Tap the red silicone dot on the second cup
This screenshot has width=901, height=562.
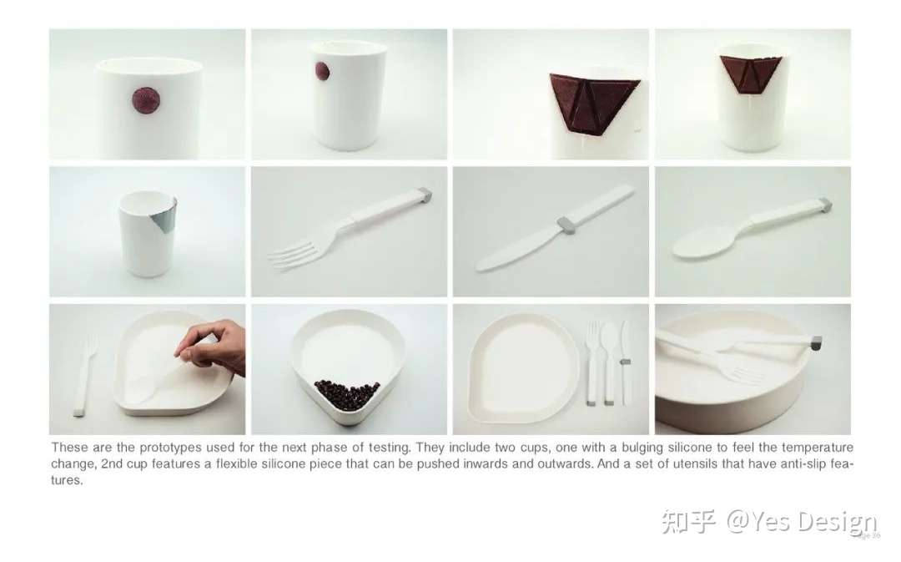(321, 73)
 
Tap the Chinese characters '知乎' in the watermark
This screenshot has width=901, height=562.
(688, 523)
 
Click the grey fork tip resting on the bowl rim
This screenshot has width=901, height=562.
(815, 342)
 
